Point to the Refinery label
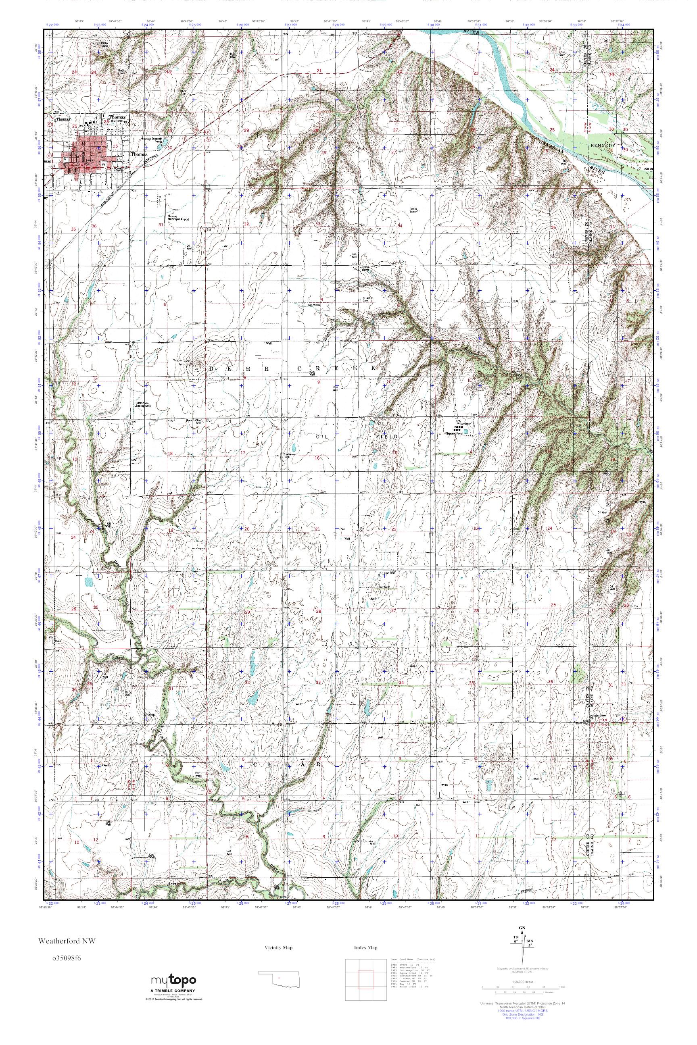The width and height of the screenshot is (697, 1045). (465, 424)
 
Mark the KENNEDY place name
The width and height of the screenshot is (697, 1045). (602, 146)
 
